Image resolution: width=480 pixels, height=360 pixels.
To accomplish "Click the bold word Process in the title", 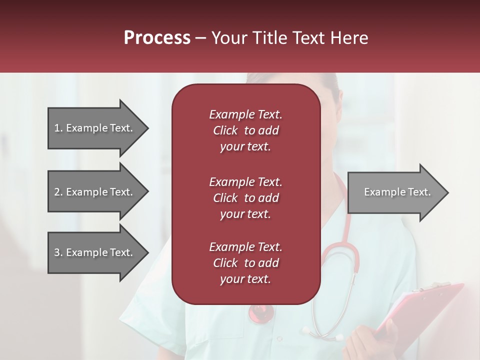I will pos(157,38).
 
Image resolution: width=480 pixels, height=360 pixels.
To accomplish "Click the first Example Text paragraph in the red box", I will pos(245,130).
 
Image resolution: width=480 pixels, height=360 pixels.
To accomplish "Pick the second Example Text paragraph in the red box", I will pos(245,198).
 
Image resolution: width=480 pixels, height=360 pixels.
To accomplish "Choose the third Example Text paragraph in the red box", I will pos(245,263).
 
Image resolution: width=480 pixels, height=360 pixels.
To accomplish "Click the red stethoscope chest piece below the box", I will pos(261,313).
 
